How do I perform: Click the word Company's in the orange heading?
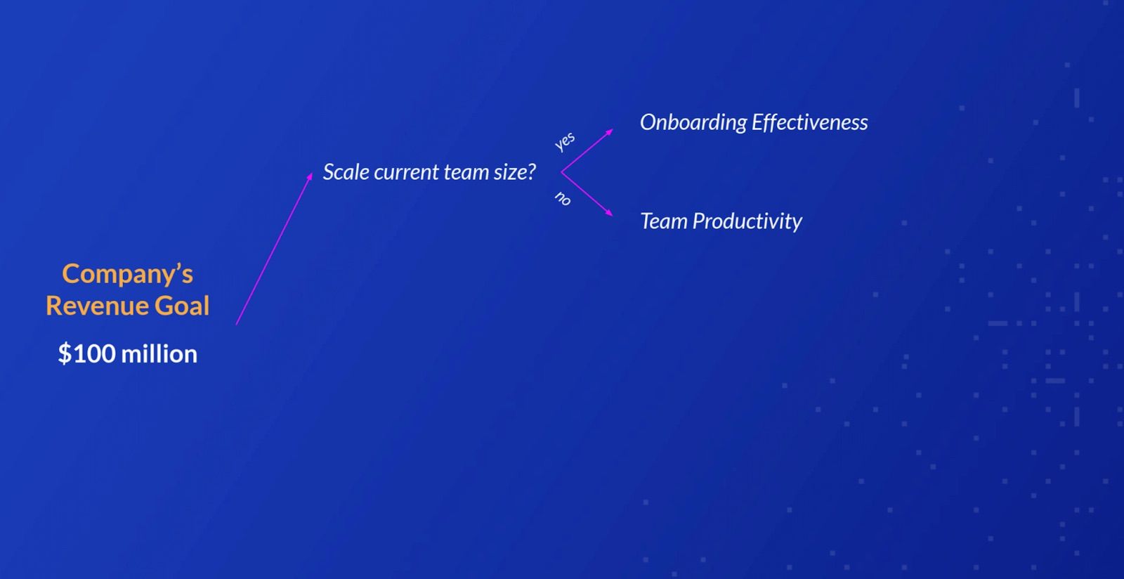pyautogui.click(x=127, y=275)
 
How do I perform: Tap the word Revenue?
pyautogui.click(x=97, y=306)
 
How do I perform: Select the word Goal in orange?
pyautogui.click(x=182, y=306)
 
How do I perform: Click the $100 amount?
pyautogui.click(x=87, y=353)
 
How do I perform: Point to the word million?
pyautogui.click(x=159, y=353)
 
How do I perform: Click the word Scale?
pyautogui.click(x=346, y=171)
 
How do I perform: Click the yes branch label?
pyautogui.click(x=565, y=141)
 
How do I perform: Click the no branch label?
pyautogui.click(x=563, y=198)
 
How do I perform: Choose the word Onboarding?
pyautogui.click(x=693, y=123)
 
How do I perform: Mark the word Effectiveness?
pyautogui.click(x=810, y=122)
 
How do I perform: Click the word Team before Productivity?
pyautogui.click(x=664, y=221)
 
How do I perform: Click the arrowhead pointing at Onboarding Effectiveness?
pyautogui.click(x=609, y=133)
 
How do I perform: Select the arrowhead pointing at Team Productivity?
pyautogui.click(x=609, y=213)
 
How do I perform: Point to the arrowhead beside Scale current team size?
pyautogui.click(x=310, y=176)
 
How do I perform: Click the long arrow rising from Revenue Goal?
pyautogui.click(x=275, y=249)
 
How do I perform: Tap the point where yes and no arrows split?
pyautogui.click(x=561, y=172)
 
